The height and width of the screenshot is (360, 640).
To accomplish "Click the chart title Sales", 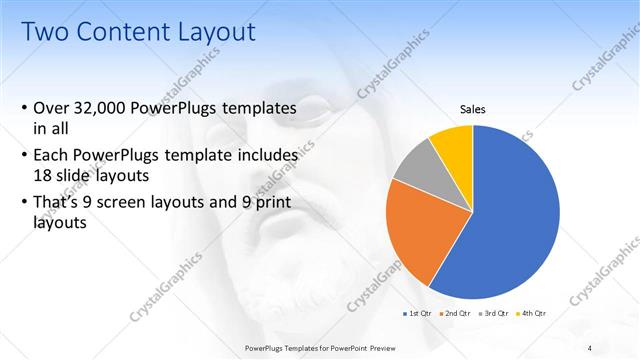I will click(473, 108).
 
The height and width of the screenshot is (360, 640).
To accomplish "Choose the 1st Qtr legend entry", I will click(420, 314).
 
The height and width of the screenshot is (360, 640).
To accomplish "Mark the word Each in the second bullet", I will click(51, 156).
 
